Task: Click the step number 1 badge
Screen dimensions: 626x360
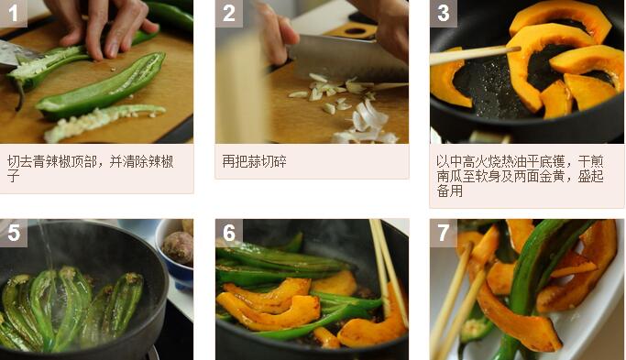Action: (13, 13)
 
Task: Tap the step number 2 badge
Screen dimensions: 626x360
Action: (229, 13)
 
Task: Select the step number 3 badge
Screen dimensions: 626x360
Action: (444, 13)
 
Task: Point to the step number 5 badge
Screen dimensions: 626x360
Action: (13, 233)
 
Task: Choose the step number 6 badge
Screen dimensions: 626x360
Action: (229, 233)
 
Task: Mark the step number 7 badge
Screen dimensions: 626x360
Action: (444, 233)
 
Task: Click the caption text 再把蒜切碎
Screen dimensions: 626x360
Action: (254, 161)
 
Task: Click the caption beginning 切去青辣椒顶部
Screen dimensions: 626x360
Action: (90, 169)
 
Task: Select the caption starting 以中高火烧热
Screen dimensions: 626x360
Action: (520, 176)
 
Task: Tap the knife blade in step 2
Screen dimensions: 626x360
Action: (347, 59)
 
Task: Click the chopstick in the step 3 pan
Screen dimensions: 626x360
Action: (475, 55)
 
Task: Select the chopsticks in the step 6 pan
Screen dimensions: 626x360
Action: (387, 271)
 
